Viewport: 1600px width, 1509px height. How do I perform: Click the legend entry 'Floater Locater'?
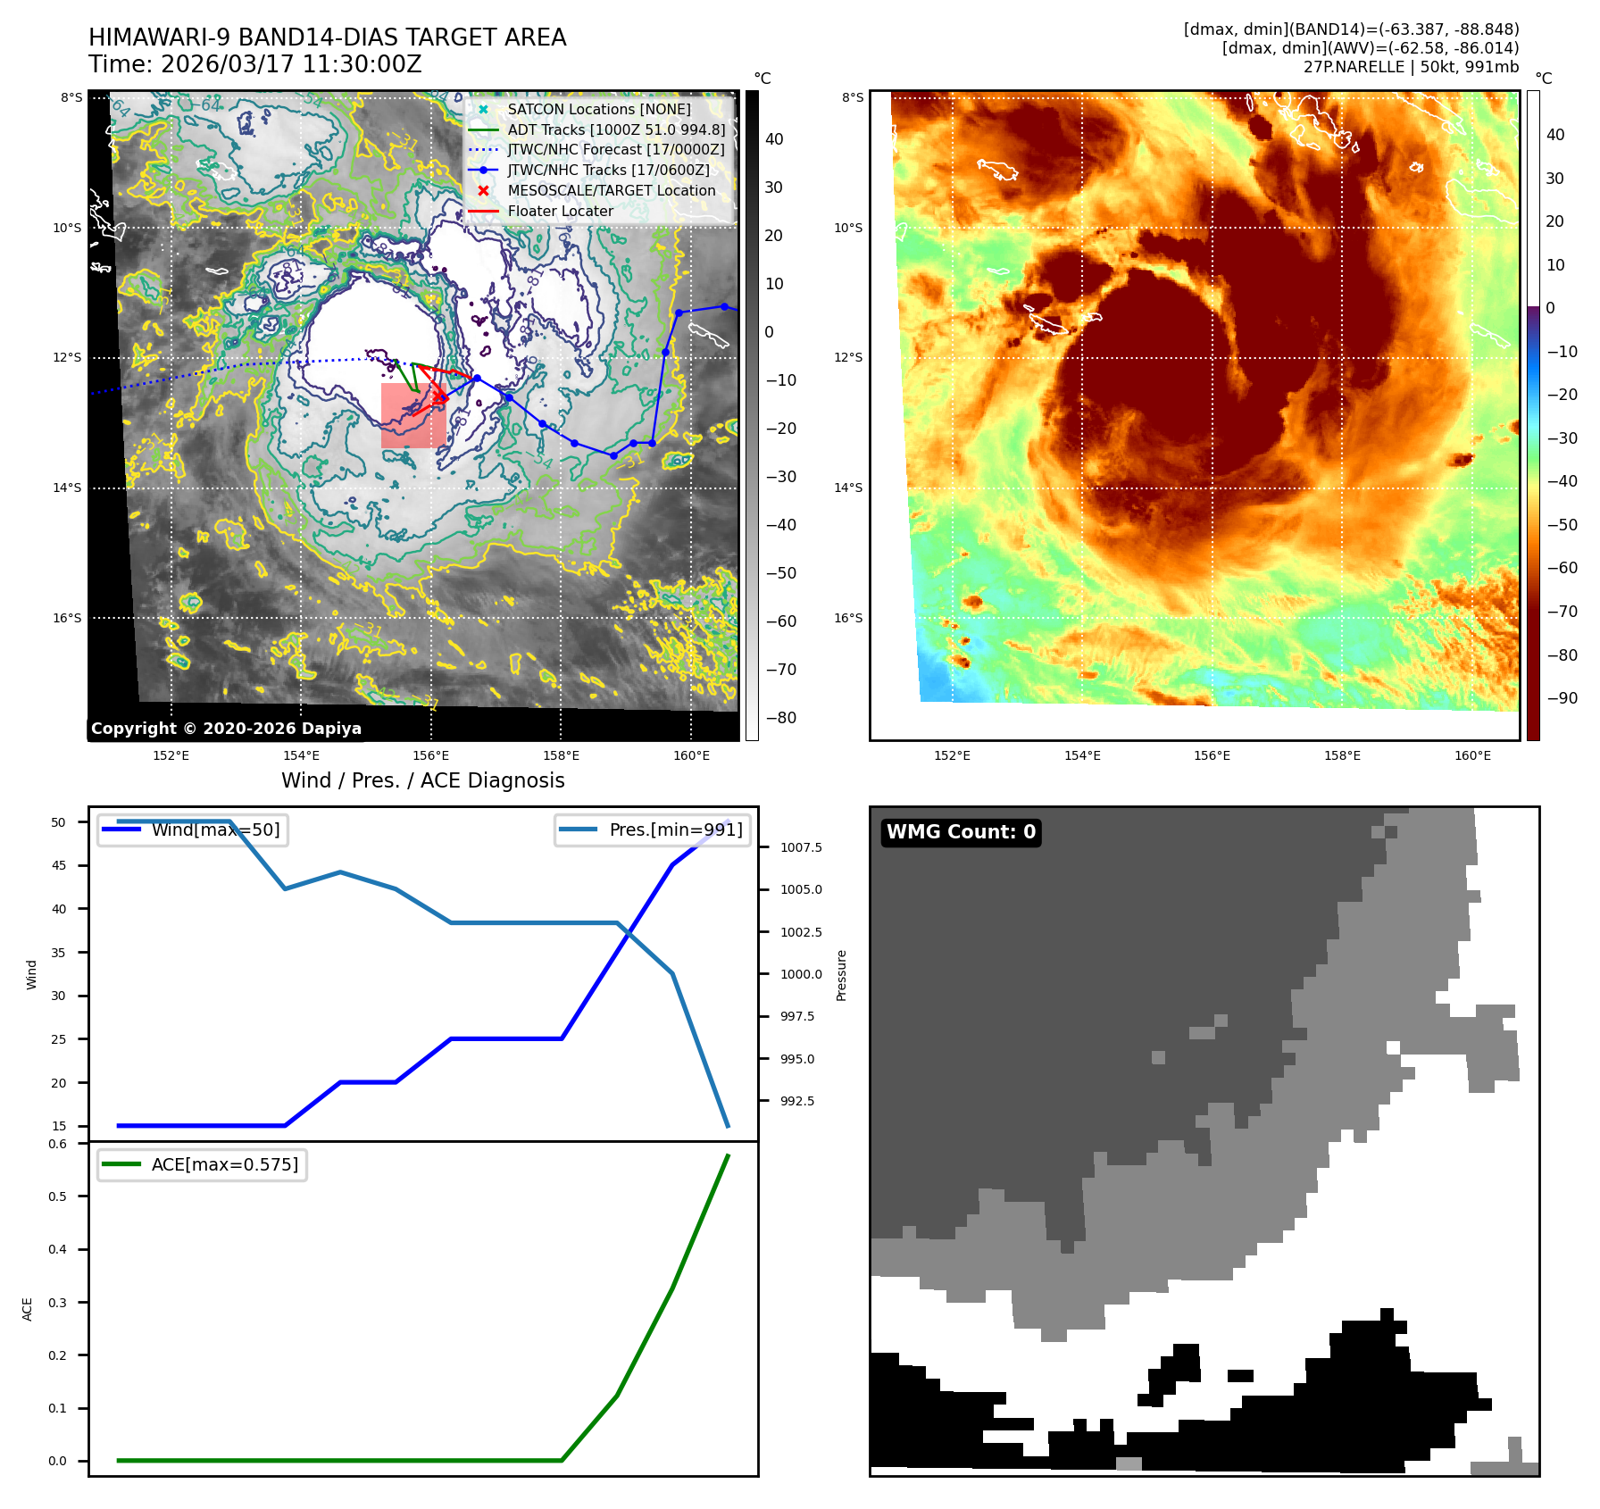click(x=560, y=212)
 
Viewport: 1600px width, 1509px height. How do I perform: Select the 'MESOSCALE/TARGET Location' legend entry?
click(x=611, y=191)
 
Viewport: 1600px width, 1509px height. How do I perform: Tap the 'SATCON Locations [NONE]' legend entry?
click(x=598, y=110)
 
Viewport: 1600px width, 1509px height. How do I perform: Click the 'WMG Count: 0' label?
click(x=961, y=832)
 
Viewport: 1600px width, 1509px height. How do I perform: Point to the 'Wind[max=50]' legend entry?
click(x=215, y=830)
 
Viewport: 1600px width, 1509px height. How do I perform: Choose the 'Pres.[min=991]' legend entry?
click(x=675, y=830)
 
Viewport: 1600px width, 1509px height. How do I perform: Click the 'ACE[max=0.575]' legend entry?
click(x=224, y=1165)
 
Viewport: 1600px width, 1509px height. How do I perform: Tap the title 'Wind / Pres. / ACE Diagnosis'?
click(x=422, y=781)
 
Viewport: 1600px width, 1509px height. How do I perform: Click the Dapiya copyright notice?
click(x=226, y=729)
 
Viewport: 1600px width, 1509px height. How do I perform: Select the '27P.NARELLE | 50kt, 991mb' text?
click(x=1411, y=67)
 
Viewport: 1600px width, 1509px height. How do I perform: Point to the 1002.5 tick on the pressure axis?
click(x=801, y=932)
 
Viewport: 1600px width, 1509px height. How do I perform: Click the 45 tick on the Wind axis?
click(x=59, y=866)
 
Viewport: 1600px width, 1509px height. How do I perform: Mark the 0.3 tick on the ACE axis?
click(x=58, y=1303)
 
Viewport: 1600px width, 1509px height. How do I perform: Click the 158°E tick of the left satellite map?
click(x=561, y=756)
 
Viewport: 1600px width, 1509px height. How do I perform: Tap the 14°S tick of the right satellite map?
click(x=848, y=488)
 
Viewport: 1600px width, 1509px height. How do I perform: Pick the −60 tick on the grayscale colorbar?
click(x=780, y=621)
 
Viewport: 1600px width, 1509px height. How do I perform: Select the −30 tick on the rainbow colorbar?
click(x=1562, y=438)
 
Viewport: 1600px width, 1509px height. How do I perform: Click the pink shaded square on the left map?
click(x=413, y=416)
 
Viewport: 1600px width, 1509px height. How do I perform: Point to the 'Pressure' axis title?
click(x=841, y=975)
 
